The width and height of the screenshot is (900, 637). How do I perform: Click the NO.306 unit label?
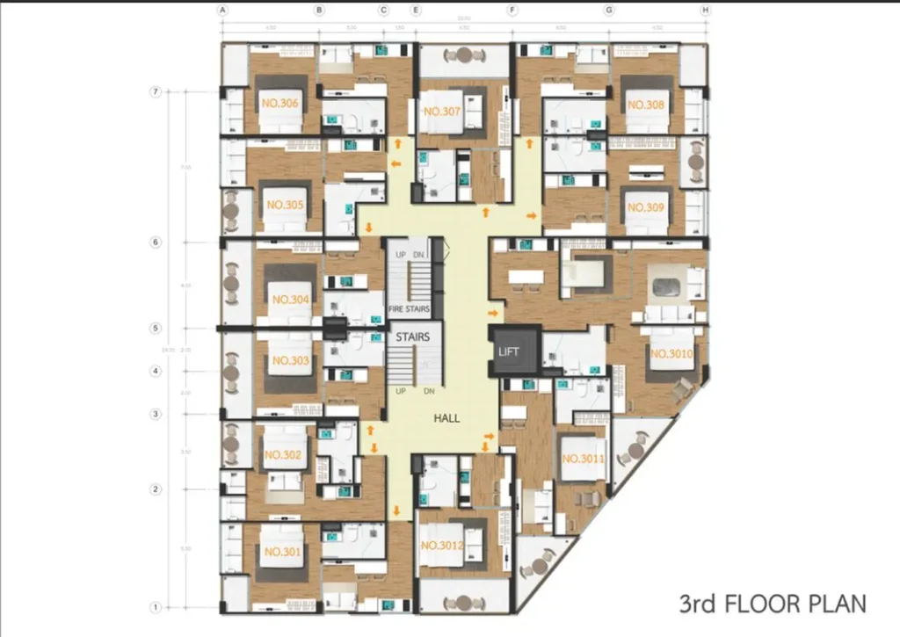(279, 104)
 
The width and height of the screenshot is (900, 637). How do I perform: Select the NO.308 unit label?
(645, 105)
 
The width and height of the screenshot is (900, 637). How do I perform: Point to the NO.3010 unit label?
(672, 353)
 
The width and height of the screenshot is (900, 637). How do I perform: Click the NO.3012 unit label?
(442, 547)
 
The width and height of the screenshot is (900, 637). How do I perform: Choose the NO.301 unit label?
(282, 552)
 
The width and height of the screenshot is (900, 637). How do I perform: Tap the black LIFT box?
(509, 351)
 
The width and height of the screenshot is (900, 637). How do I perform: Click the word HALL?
(446, 419)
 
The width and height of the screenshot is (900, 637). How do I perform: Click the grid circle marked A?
(223, 11)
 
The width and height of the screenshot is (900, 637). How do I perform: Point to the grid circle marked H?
(705, 11)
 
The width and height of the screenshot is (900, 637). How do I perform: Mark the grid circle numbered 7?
(156, 91)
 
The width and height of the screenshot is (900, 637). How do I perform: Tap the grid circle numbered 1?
(156, 606)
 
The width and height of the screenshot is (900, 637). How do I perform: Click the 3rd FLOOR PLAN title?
(772, 604)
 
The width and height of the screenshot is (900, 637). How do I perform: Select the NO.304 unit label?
(290, 300)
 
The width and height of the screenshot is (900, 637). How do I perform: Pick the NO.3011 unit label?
(583, 459)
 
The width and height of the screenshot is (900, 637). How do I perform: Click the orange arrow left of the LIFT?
(492, 312)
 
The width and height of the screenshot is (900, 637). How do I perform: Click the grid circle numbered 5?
(156, 329)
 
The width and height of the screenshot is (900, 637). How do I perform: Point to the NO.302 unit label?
(283, 455)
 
